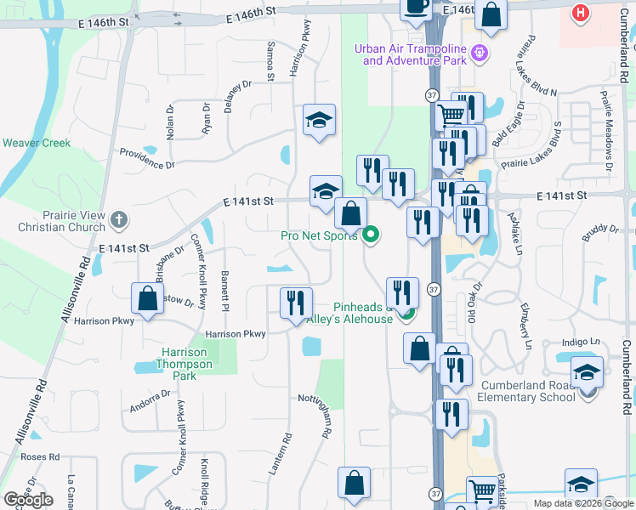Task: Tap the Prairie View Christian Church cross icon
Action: [x=118, y=219]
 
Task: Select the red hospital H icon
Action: [x=581, y=13]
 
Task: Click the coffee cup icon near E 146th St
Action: [x=416, y=7]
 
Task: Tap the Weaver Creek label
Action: [x=37, y=143]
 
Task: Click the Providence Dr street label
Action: [x=146, y=158]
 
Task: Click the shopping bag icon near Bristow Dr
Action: [x=147, y=299]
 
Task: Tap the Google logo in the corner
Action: [x=28, y=499]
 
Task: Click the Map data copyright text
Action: [x=583, y=503]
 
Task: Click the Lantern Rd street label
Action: [x=285, y=452]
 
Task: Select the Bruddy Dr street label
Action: [x=601, y=233]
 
